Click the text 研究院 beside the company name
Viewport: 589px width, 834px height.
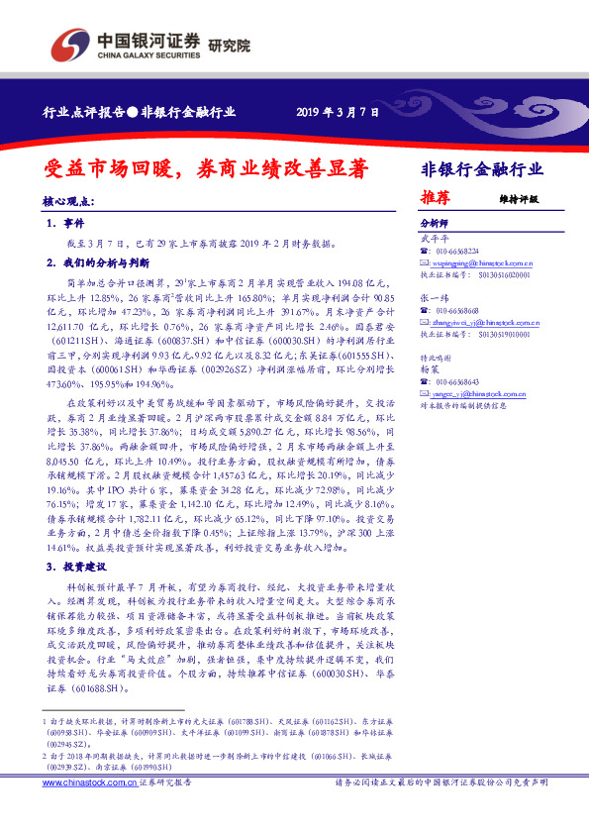point(230,45)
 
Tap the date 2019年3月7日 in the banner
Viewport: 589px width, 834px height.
point(338,112)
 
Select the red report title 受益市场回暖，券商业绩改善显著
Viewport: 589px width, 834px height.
point(193,169)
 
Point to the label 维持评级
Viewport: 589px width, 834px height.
point(520,198)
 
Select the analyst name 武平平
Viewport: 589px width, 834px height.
point(433,239)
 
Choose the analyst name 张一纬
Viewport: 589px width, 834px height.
point(433,297)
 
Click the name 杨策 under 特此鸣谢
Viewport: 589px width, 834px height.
point(428,368)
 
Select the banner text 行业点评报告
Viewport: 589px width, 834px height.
point(81,113)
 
